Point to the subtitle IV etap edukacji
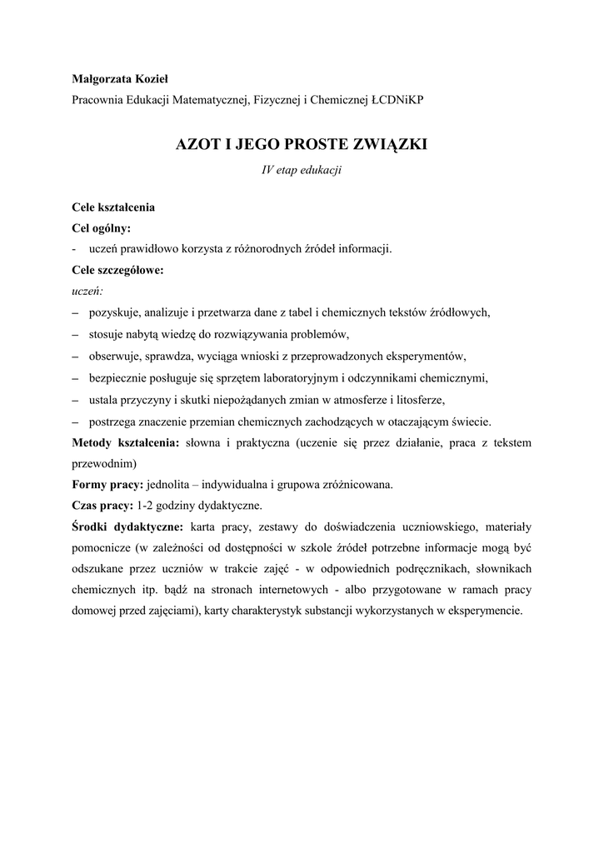click(x=302, y=170)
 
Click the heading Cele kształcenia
click(x=112, y=206)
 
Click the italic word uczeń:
click(x=87, y=292)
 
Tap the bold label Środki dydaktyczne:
click(x=128, y=526)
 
